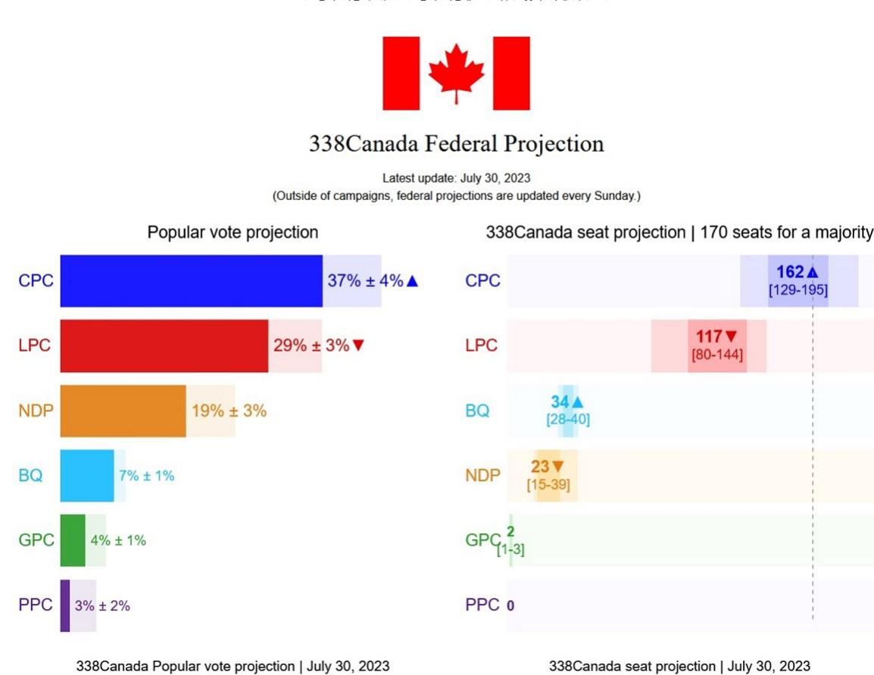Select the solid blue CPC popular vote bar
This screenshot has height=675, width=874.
pyautogui.click(x=191, y=281)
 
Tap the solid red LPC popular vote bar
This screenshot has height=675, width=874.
pyautogui.click(x=164, y=346)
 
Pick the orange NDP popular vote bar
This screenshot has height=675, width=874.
pyautogui.click(x=123, y=411)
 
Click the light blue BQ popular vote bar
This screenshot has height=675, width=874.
pyautogui.click(x=87, y=476)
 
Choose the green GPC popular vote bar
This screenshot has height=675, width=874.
pyautogui.click(x=73, y=541)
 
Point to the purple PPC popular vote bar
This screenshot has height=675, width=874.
pyautogui.click(x=65, y=605)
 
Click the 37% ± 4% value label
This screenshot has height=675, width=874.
pyautogui.click(x=366, y=281)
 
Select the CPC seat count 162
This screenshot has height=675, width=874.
pyautogui.click(x=790, y=273)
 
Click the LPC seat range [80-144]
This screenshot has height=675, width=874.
pyautogui.click(x=717, y=355)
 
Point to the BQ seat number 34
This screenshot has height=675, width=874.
pyautogui.click(x=560, y=402)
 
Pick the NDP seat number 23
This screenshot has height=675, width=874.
pyautogui.click(x=540, y=467)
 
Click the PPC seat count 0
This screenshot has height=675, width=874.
pyautogui.click(x=510, y=606)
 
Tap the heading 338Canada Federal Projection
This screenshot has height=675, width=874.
pyautogui.click(x=456, y=144)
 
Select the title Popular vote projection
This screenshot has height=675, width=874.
pyautogui.click(x=233, y=233)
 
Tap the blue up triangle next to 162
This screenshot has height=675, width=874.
pyautogui.click(x=813, y=273)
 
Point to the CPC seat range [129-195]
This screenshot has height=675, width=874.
pyautogui.click(x=798, y=290)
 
